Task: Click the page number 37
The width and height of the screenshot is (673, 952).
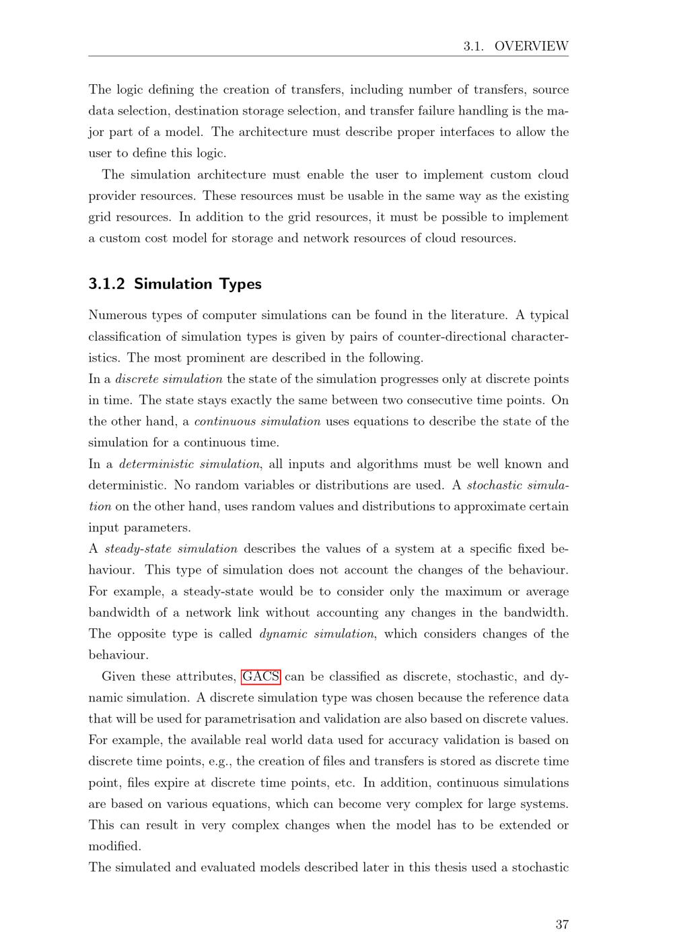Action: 562,924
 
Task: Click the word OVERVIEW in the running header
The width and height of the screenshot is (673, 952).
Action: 531,46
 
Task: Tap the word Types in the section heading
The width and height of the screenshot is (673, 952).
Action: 240,284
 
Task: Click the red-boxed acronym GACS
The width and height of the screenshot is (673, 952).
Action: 260,676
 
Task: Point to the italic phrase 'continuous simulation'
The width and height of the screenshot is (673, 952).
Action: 257,421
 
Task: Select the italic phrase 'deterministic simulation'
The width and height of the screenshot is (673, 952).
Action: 189,464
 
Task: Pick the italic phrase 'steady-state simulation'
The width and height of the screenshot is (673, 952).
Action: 171,549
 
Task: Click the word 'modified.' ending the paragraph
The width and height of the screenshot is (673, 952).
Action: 115,846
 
